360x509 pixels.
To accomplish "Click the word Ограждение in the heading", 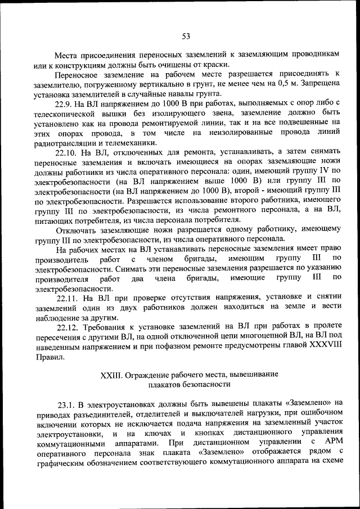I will point(147,374).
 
